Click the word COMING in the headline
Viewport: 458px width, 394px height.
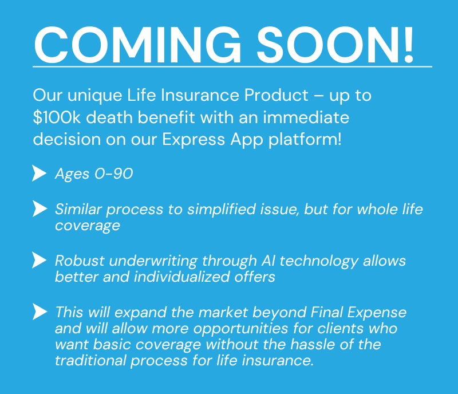point(137,45)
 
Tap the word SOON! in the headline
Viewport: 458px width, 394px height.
point(335,45)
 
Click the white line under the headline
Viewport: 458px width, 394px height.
point(232,66)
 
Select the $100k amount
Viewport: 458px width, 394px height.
point(57,117)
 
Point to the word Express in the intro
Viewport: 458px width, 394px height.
point(194,140)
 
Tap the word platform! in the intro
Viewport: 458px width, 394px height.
point(305,140)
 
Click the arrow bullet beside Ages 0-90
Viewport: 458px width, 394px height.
point(39,174)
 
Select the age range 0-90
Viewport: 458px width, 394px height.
point(113,174)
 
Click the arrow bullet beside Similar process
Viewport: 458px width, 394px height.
point(40,208)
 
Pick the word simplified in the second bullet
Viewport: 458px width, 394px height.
point(222,209)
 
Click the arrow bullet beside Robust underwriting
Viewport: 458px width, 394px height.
point(39,260)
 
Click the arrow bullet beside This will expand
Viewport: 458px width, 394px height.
point(40,312)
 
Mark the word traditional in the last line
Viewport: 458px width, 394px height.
point(90,360)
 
